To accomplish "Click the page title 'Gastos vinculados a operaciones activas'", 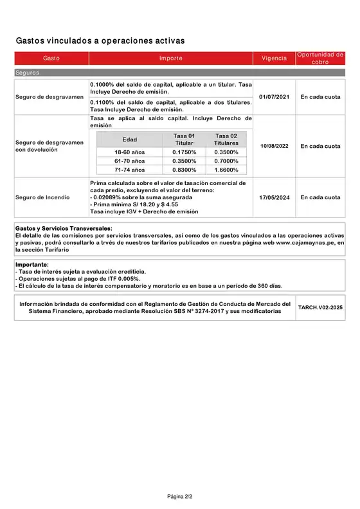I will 100,40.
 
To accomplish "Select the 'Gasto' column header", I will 51,58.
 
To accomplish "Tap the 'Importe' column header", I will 171,58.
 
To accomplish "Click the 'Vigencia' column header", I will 274,58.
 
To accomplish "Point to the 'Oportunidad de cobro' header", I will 320,58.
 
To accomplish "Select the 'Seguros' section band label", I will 28,73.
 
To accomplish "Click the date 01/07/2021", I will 274,97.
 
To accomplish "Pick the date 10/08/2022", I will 274,146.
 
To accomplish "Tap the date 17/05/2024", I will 274,197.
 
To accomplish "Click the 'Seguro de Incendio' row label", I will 42,197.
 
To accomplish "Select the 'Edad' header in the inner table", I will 129,139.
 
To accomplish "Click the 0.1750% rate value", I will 184,152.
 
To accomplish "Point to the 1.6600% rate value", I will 226,170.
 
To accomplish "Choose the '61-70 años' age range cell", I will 129,161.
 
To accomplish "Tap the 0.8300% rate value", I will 184,170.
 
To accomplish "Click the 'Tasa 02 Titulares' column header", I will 226,139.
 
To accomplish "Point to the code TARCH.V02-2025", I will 320,308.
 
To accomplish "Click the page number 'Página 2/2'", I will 180,497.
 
